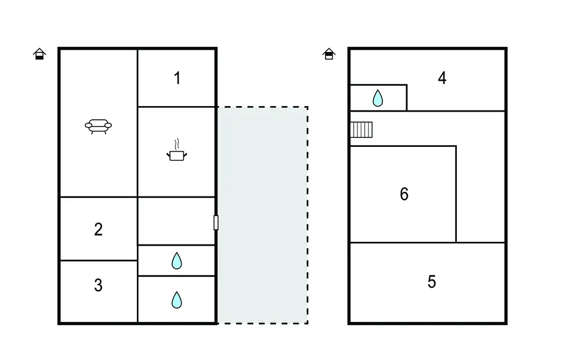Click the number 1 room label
[x=177, y=78]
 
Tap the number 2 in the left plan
[x=98, y=229]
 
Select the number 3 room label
[x=98, y=285]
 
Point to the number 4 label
[x=442, y=78]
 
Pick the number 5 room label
[x=431, y=282]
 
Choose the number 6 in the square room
[x=404, y=194]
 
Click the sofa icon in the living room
[x=98, y=126]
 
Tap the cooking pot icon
[x=176, y=156]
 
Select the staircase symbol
[x=361, y=130]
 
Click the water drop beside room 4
[x=377, y=98]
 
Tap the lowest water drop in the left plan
[x=177, y=300]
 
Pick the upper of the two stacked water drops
[x=177, y=261]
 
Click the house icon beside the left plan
[x=39, y=54]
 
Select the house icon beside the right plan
[x=329, y=54]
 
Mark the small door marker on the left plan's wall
[x=216, y=223]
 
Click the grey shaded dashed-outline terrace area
[x=262, y=215]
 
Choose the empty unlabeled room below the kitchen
[x=176, y=221]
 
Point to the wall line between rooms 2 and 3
[x=98, y=260]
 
